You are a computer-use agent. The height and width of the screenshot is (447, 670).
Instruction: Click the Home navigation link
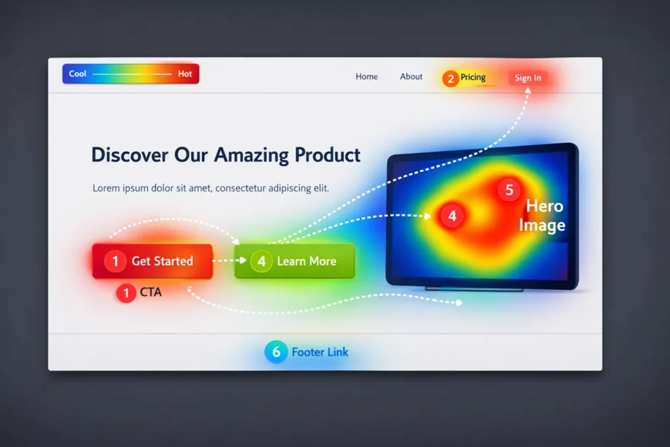point(366,77)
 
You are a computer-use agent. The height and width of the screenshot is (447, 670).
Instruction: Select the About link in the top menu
point(411,77)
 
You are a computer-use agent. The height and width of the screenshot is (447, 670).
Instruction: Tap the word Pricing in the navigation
point(473,77)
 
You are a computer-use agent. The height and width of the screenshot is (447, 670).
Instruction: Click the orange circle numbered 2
point(450,79)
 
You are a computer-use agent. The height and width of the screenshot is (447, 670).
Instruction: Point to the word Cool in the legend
point(78,74)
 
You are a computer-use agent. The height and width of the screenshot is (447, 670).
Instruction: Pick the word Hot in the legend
point(185,74)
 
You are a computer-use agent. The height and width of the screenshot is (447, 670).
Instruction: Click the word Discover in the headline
point(130,155)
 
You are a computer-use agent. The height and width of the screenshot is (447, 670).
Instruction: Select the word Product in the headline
point(327,155)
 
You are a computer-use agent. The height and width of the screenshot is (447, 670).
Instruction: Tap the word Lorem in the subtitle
point(106,188)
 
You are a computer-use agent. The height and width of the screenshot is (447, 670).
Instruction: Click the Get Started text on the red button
point(162,261)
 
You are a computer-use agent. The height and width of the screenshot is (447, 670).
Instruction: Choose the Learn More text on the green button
point(306,261)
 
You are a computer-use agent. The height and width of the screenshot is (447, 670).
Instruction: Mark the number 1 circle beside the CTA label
point(126,293)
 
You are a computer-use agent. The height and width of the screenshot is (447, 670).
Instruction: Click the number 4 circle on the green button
point(261,262)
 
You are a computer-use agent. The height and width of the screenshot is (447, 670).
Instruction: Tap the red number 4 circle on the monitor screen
point(451,215)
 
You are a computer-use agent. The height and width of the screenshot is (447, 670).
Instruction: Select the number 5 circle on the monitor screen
point(509,190)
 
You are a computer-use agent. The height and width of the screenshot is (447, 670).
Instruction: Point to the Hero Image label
point(542,216)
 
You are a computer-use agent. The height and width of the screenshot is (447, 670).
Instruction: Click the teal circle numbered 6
point(276,352)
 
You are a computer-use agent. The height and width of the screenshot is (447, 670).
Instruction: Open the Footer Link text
point(320,352)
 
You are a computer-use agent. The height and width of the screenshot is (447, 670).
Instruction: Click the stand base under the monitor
point(474,289)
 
